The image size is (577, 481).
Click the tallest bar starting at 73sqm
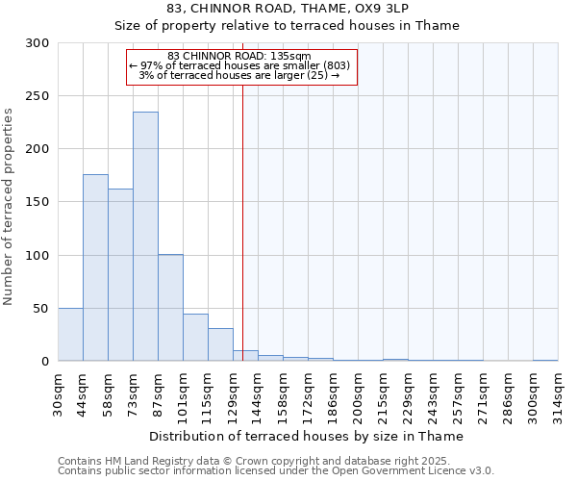click(x=145, y=237)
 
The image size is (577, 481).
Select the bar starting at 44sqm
click(x=95, y=267)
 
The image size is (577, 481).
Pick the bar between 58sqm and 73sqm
click(x=120, y=275)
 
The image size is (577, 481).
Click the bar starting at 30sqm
click(x=70, y=335)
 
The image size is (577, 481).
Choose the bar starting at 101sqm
click(x=195, y=338)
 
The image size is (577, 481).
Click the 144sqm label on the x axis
click(x=258, y=392)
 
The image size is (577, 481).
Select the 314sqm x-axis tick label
click(x=558, y=392)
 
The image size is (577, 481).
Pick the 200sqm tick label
click(x=358, y=392)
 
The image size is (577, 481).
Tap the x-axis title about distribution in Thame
click(x=308, y=436)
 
